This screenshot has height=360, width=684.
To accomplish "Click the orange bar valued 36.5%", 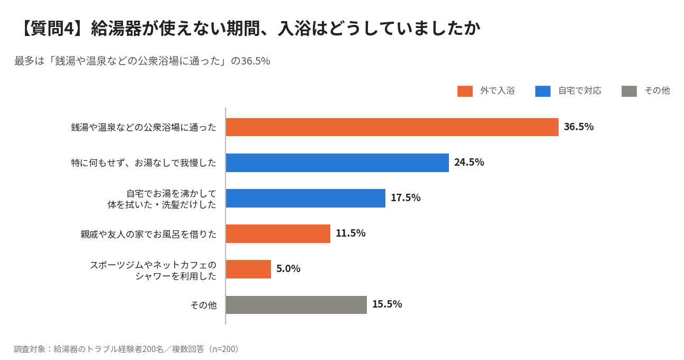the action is pos(392,127).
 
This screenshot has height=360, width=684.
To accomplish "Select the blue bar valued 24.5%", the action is pos(337,163).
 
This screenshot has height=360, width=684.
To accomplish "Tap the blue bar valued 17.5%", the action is pos(305,198).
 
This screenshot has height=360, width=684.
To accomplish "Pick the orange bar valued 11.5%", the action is pos(278,233).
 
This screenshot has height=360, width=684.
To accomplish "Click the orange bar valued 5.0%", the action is pos(249,269).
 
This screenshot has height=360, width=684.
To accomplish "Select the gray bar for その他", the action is pos(296,305).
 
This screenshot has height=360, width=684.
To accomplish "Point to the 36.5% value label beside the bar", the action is pos(579,127).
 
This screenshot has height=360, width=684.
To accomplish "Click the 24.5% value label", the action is pos(469,162).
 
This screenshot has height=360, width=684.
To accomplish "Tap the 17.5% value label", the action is pos(406,198).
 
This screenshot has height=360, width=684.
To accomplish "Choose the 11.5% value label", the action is pos(350,233).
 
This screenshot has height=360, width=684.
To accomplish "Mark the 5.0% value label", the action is pos(288,269).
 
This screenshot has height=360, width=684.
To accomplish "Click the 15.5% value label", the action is pos(387,304).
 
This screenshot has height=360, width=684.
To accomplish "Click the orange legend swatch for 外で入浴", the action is pos(465,91).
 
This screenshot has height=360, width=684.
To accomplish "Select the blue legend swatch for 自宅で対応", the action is pos(543,91).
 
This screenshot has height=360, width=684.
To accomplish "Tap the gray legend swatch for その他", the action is pos(629,91).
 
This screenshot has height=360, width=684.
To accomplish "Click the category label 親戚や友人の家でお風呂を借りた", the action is pos(148,234).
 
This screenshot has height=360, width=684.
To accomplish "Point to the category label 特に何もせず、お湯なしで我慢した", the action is pos(143,163).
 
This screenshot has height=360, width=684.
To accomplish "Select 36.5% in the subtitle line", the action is pos(255,61).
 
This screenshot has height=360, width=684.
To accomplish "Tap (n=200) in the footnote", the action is pos(223,349).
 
